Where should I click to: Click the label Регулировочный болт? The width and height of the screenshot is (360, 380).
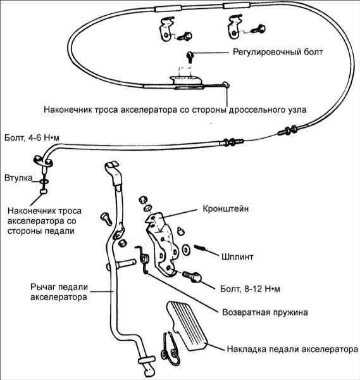278,53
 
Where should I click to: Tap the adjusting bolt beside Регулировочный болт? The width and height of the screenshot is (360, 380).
190,57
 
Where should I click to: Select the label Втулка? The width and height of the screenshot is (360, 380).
18,178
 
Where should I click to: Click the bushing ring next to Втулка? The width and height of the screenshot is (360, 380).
44,181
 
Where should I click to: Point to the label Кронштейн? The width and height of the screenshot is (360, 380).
226,208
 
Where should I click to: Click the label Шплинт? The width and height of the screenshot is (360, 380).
237,256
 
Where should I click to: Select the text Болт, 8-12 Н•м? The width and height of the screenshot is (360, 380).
250,289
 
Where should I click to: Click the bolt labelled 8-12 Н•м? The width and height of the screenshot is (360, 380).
192,277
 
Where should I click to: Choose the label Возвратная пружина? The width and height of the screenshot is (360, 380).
265,312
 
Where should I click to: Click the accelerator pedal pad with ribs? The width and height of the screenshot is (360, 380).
187,326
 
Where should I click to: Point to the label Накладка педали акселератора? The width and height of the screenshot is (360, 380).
292,349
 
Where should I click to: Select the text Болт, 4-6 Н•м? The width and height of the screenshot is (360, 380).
32,137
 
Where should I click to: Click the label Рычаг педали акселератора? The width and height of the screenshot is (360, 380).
59,292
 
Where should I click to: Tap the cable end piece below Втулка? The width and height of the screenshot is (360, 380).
44,192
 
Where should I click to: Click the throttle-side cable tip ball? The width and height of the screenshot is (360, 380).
226,85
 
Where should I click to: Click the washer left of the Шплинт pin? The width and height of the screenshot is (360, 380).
186,250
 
